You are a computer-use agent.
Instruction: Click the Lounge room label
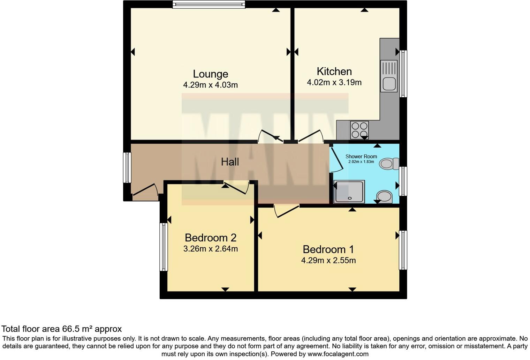(x=210, y=74)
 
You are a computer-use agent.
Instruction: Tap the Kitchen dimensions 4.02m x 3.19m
(x=334, y=83)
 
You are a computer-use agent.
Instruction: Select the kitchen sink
(x=388, y=76)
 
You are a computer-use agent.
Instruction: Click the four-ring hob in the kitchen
(x=359, y=130)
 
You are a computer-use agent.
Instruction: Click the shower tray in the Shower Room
(x=349, y=192)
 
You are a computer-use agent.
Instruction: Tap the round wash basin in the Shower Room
(x=385, y=196)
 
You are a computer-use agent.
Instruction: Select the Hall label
(x=230, y=162)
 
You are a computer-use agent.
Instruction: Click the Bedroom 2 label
(x=210, y=238)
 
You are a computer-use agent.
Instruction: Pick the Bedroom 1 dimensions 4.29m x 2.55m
(x=328, y=261)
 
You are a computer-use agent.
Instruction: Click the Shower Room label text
(x=361, y=157)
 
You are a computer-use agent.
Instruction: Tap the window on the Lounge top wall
(x=209, y=4)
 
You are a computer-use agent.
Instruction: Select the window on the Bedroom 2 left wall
(x=164, y=247)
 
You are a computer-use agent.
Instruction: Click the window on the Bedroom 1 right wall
(x=403, y=250)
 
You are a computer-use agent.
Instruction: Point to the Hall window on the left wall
(x=127, y=167)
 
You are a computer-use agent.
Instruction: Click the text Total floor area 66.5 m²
(x=61, y=329)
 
